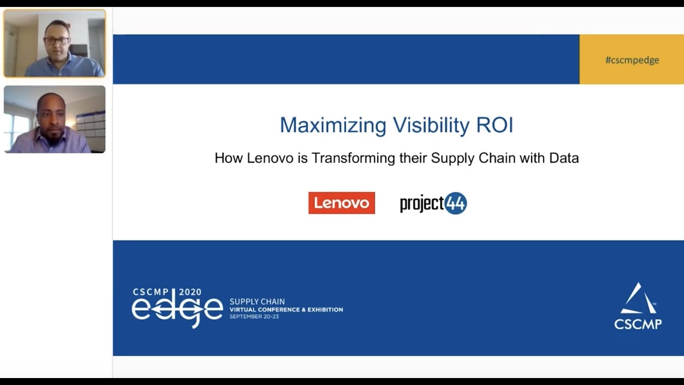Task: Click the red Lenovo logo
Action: [x=341, y=203]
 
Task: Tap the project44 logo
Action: [x=433, y=203]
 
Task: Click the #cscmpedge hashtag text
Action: [x=632, y=60]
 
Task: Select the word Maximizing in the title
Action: [x=333, y=126]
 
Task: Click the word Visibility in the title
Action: [x=431, y=125]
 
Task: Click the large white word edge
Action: [x=177, y=309]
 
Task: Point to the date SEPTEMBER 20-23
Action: [x=254, y=317]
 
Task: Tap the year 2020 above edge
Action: [x=190, y=292]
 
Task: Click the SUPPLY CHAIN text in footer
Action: [x=257, y=302]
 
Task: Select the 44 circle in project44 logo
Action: [x=456, y=203]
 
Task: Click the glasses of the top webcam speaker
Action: [x=56, y=41]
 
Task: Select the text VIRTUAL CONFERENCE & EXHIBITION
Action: [x=286, y=310]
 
